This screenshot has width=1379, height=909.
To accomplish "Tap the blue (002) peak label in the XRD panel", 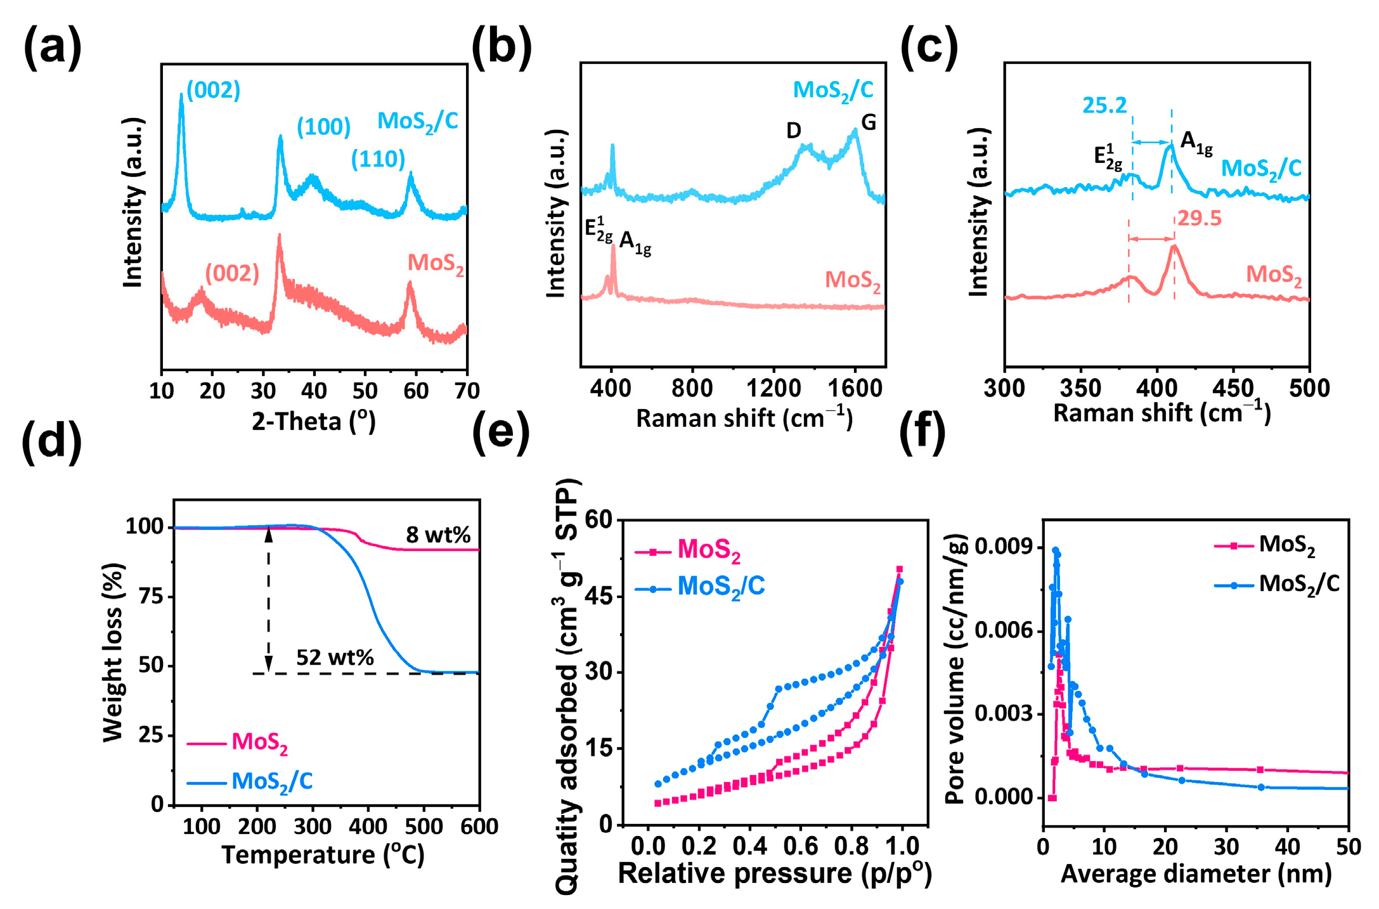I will pos(213,90).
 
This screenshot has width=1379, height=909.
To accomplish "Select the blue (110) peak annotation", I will pos(378,159).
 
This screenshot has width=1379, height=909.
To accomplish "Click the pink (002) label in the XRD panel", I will pos(232,273).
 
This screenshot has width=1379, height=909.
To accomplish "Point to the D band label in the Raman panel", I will pos(794,131).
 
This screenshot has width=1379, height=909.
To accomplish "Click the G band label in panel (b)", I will pos(868,122).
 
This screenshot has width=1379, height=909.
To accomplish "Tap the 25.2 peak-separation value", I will pos(1104,105).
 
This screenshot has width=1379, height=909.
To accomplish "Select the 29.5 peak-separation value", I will pos(1200,218).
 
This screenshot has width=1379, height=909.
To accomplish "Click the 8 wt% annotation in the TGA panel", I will pos(438,535).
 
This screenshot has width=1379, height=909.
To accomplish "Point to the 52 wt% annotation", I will pos(335,657).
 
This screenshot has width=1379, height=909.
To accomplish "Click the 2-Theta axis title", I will pos(314,421).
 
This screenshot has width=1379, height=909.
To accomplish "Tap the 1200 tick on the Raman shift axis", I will pos(773,388).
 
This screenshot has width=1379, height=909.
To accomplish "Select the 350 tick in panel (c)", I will pos(1080,388).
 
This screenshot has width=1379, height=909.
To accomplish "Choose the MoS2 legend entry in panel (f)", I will pos(1286,545).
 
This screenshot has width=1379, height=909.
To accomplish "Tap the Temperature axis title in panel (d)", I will pos(323,855).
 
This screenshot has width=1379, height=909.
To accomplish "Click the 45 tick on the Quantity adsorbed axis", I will pos(599,596).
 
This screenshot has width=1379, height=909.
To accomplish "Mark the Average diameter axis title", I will pos(1196,874).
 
